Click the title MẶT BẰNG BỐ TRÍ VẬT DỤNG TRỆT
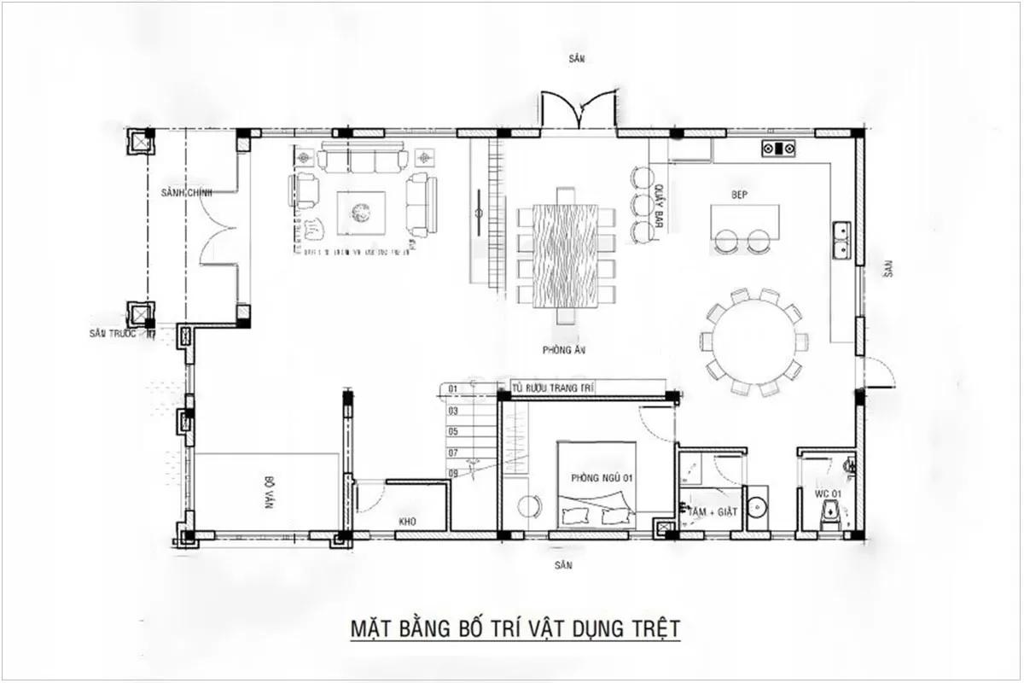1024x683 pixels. (x=515, y=629)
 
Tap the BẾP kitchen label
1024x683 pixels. (x=739, y=195)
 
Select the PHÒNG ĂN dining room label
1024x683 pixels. (x=561, y=350)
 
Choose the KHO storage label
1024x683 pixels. (x=407, y=520)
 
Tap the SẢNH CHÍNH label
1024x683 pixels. (x=185, y=193)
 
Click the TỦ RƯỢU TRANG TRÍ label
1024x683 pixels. (x=552, y=388)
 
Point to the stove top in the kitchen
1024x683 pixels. (x=780, y=149)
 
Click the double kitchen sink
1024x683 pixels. (x=841, y=240)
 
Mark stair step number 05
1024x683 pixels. (x=454, y=431)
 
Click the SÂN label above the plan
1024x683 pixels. (x=579, y=58)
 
